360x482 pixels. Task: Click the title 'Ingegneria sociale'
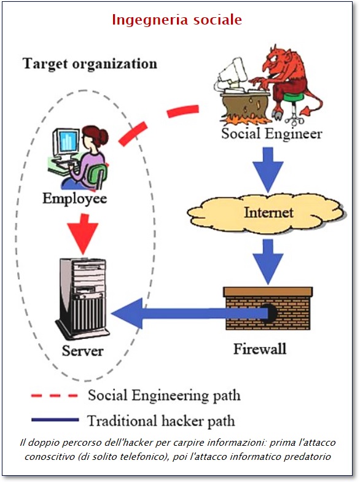tap(177, 20)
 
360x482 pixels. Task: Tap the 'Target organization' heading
tap(90, 64)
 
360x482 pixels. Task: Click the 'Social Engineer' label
tap(272, 134)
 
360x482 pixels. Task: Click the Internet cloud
tap(267, 212)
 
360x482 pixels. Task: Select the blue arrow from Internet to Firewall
tap(268, 262)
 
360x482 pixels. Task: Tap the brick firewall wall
tap(268, 309)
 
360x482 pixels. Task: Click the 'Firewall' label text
tap(260, 349)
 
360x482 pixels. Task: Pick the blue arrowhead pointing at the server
tap(128, 314)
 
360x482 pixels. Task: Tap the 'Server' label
tap(82, 351)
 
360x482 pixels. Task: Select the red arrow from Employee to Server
tap(83, 234)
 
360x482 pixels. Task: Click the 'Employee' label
tap(75, 198)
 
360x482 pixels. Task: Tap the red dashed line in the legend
tap(55, 395)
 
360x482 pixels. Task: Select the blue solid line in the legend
tap(55, 420)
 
